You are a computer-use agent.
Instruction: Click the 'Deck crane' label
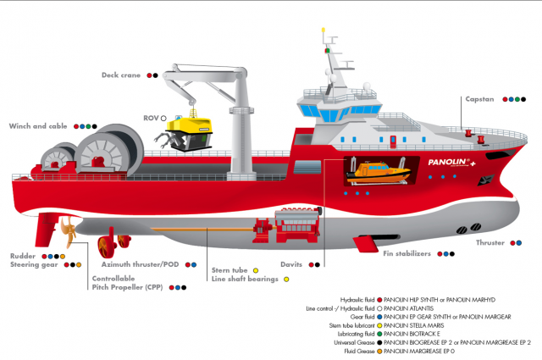pyautogui.click(x=121, y=75)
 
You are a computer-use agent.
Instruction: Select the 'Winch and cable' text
pyautogui.click(x=38, y=126)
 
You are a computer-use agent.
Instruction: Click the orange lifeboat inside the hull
pyautogui.click(x=379, y=171)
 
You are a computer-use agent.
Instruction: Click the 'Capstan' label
pyautogui.click(x=479, y=99)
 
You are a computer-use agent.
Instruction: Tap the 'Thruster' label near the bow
pyautogui.click(x=490, y=243)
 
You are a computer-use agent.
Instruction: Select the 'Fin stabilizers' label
pyautogui.click(x=406, y=253)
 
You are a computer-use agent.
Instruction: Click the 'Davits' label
pyautogui.click(x=291, y=264)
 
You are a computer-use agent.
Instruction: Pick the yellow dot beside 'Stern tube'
pyautogui.click(x=256, y=270)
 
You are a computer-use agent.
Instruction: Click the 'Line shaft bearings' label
pyautogui.click(x=245, y=279)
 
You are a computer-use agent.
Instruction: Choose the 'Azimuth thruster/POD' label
pyautogui.click(x=140, y=264)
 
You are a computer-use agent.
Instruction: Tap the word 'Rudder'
pyautogui.click(x=23, y=257)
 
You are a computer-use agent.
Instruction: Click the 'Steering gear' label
pyautogui.click(x=34, y=265)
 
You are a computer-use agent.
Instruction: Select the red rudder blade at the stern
pyautogui.click(x=46, y=230)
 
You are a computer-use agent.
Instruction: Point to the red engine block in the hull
pyautogui.click(x=297, y=225)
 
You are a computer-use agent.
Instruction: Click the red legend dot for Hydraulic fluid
pyautogui.click(x=379, y=300)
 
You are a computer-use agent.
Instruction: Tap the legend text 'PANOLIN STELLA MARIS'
pyautogui.click(x=414, y=325)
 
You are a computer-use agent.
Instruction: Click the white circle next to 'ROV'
pyautogui.click(x=163, y=119)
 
